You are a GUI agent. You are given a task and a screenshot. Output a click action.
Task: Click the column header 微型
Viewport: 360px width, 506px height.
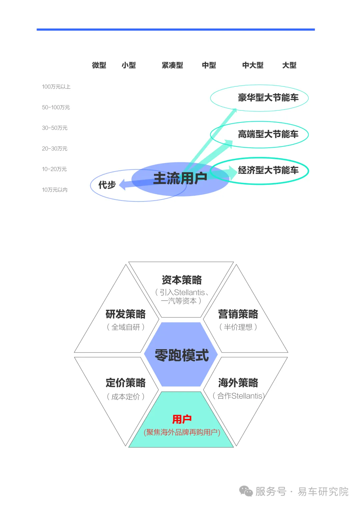[99, 65]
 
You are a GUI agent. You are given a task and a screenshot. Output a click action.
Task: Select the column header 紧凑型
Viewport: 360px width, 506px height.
[172, 65]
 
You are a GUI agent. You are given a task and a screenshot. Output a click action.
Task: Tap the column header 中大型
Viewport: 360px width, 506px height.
[253, 65]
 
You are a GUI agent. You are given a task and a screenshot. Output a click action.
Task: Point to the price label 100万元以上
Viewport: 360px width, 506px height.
[56, 87]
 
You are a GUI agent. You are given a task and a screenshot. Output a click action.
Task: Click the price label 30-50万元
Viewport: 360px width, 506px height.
[55, 128]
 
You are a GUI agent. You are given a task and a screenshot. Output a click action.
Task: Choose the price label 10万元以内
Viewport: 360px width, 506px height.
[55, 190]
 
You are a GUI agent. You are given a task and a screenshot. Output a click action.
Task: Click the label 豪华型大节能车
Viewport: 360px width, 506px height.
[268, 98]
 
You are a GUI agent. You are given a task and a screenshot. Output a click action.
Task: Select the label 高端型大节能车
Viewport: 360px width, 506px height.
[268, 134]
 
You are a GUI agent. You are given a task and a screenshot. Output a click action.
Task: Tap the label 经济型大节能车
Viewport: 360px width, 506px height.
[268, 170]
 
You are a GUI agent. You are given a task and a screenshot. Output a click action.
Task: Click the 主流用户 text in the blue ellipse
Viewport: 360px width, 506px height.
[180, 178]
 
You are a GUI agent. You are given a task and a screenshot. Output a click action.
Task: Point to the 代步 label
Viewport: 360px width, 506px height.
[107, 185]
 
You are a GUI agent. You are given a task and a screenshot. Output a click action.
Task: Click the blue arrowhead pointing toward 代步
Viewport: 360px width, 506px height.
[122, 184]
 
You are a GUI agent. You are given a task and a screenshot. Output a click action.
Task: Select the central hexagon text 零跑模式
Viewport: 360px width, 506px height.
[182, 355]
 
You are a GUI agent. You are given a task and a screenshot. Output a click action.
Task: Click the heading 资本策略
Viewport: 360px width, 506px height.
[182, 280]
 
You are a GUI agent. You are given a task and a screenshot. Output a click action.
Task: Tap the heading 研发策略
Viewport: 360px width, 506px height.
[126, 314]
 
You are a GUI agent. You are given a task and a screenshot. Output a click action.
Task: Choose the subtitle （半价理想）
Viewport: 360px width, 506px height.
[238, 327]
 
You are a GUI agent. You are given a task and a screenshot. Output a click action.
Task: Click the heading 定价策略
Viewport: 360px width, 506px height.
[126, 383]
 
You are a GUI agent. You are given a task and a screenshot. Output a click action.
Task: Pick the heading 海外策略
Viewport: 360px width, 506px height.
[238, 383]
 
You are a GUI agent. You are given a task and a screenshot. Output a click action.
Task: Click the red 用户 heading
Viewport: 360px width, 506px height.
[182, 419]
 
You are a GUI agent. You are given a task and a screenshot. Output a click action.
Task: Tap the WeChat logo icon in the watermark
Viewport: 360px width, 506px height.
[246, 491]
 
